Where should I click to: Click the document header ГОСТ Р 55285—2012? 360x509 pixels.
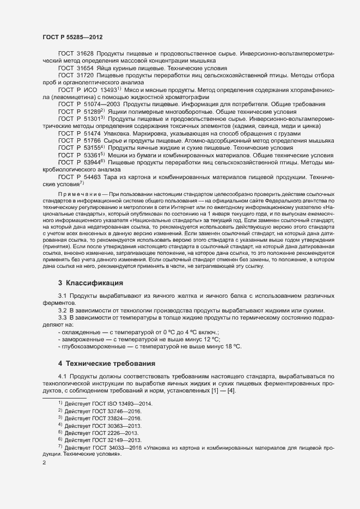point(72,37)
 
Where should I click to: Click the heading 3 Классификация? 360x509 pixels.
point(90,283)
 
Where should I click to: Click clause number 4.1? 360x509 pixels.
point(63,376)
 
